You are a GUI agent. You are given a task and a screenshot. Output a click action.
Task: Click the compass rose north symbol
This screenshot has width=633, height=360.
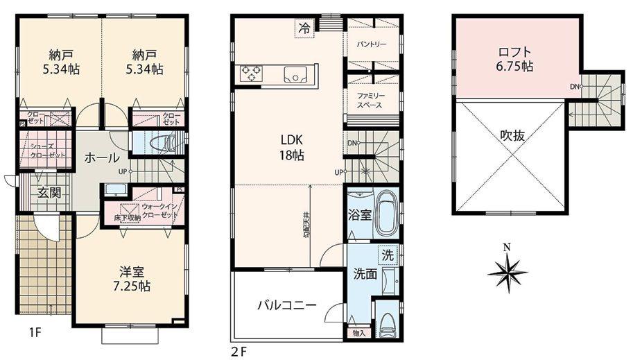[508, 270]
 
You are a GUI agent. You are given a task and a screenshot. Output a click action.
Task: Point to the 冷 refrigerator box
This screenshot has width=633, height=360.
[304, 28]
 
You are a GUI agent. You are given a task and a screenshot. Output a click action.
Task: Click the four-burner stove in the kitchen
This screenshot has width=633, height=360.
[250, 73]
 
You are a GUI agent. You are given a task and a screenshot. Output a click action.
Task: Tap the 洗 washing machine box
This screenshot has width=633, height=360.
[388, 255]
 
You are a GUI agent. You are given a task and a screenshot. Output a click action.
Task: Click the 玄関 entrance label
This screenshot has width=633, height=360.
[49, 192]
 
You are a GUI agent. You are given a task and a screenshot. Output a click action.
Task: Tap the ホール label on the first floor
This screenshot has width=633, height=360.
[101, 158]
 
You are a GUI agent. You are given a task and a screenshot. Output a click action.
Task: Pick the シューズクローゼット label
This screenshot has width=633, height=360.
[48, 151]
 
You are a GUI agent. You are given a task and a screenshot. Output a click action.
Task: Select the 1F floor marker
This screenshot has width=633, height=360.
[36, 332]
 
